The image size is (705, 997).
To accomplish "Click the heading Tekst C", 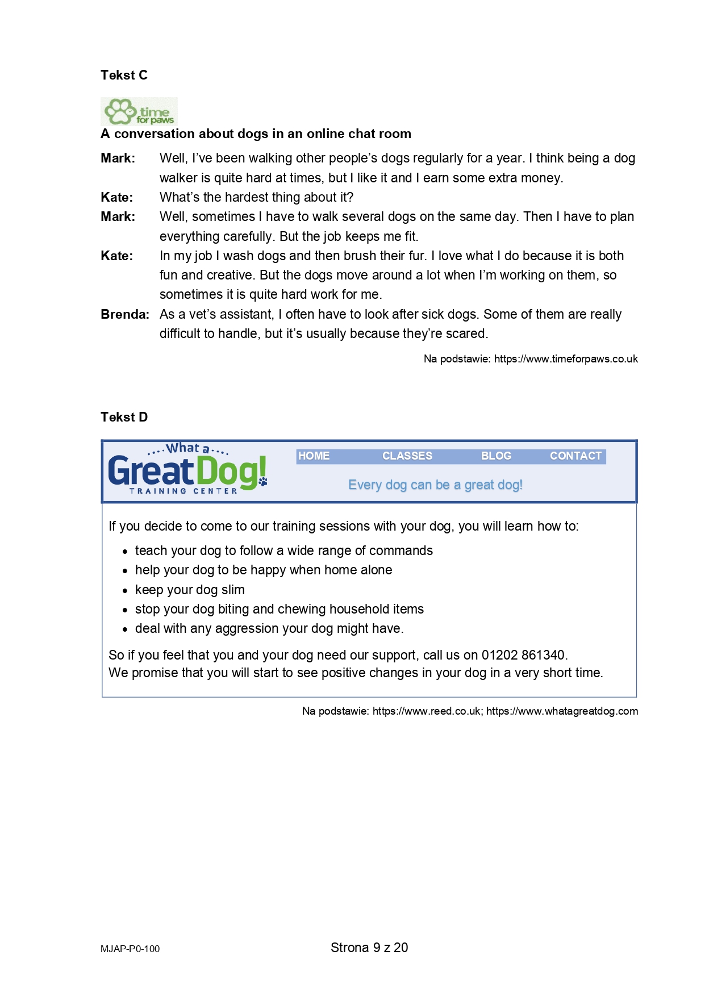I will (x=124, y=75).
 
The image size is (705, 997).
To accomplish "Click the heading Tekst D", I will (x=124, y=417).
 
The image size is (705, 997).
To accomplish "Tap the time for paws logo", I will (x=139, y=112).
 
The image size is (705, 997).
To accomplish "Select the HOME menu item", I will (x=314, y=456).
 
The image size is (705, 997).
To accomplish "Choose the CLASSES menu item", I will (x=407, y=456).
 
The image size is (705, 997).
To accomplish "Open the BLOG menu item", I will (x=496, y=456).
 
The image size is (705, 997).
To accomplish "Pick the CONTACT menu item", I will (x=575, y=456).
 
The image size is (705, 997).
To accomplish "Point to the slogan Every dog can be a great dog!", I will (x=435, y=485).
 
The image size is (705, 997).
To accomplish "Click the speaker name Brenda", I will (x=124, y=315).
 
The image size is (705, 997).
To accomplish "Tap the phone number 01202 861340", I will (x=523, y=655).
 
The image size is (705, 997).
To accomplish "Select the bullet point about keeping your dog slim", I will (x=190, y=590).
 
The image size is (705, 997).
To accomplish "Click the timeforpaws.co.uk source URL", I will (x=566, y=359).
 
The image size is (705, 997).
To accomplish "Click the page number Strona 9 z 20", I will (x=369, y=948).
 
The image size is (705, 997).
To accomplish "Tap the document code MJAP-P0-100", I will (x=130, y=949).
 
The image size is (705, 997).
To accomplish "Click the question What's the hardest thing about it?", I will (x=256, y=197).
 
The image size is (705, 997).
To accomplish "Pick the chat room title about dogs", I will (x=256, y=134).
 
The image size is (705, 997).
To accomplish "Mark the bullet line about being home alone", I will (x=264, y=570).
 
